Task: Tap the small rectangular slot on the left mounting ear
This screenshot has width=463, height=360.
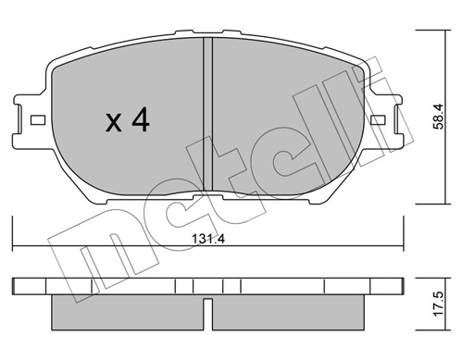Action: tap(38, 120)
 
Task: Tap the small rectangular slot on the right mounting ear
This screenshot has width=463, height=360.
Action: tap(378, 120)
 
